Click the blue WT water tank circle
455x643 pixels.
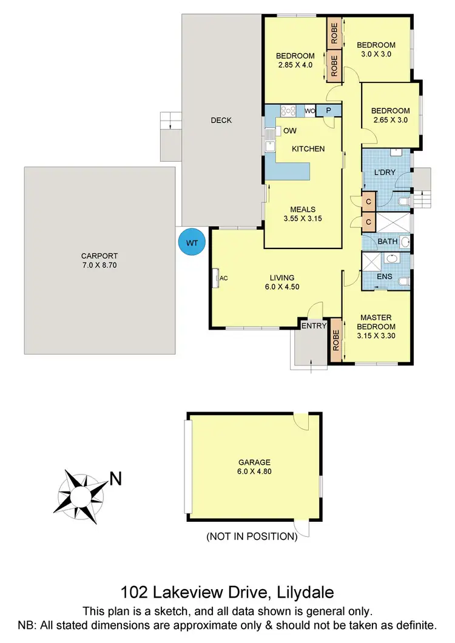192,242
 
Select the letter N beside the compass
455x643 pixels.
115,479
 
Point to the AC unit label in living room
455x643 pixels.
223,278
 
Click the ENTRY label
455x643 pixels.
314,326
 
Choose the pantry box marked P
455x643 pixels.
329,111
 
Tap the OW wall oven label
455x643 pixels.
290,131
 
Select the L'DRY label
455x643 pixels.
385,173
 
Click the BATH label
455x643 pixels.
387,242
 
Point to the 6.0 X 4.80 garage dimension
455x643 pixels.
254,470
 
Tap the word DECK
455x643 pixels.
221,120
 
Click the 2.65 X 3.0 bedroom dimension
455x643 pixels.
390,120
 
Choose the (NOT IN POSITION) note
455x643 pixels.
251,536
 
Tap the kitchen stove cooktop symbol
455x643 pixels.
288,111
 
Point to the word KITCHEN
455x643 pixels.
308,149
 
